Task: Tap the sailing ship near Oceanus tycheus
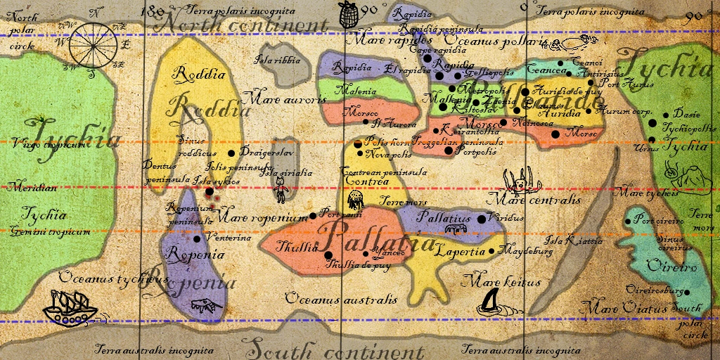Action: click(69, 307)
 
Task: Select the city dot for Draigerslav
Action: click(232, 153)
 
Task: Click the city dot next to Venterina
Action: click(186, 238)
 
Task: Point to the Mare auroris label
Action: click(283, 99)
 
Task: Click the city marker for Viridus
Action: click(482, 219)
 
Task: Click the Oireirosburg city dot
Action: click(687, 292)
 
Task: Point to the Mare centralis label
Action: click(538, 200)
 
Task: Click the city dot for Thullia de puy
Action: click(328, 255)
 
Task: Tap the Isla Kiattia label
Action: click(574, 240)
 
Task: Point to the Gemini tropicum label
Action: click(49, 231)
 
